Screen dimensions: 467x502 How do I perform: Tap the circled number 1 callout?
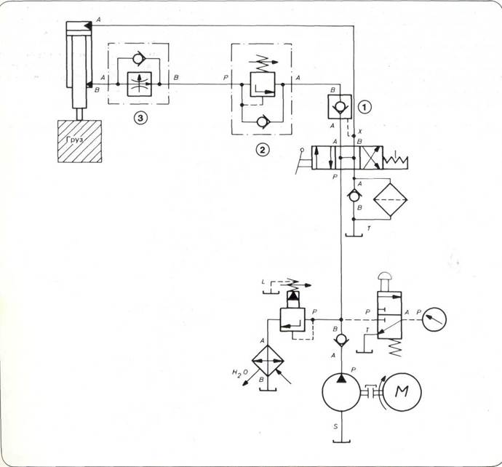tap(365, 106)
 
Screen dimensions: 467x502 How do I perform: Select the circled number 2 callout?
tap(261, 151)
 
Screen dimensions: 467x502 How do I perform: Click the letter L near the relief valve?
tap(263, 281)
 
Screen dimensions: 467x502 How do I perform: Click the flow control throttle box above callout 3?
tap(138, 84)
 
